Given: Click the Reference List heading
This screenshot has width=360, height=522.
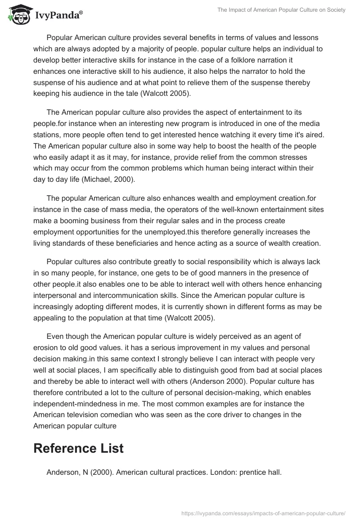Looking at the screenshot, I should tap(78, 448).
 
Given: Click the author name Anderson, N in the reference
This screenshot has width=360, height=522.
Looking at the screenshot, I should tap(68, 472).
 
